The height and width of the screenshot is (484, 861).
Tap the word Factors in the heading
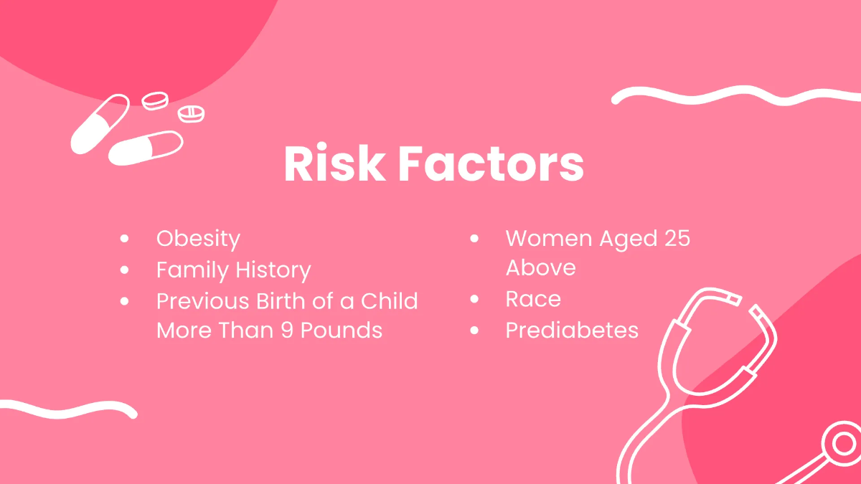491,165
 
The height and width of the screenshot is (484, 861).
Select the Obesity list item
198,238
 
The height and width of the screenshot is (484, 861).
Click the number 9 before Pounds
283,330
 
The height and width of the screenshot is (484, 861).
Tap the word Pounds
340,330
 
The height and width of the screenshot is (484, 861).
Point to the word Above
540,267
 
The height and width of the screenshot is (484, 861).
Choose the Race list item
533,298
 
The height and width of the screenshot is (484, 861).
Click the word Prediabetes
572,330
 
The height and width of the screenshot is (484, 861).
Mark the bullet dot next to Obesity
126,238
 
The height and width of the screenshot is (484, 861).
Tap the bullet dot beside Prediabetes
474,330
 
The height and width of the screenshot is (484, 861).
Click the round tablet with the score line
191,114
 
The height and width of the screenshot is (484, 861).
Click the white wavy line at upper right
732,95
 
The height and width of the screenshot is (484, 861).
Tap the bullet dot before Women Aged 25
474,238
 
